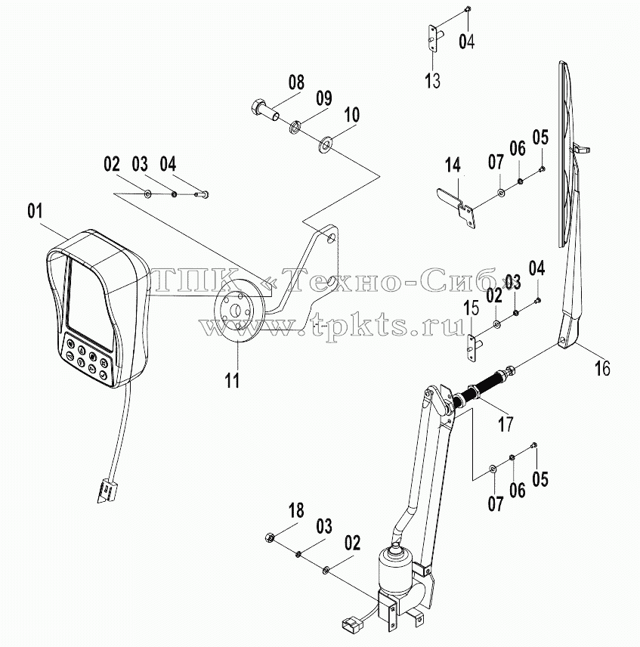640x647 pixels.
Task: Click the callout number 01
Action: [x=35, y=212]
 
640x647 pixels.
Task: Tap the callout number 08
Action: [x=296, y=82]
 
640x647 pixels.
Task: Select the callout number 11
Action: [x=232, y=380]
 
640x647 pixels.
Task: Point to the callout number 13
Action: [x=432, y=80]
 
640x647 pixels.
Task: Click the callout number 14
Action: [x=453, y=165]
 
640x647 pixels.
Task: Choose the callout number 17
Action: [x=506, y=424]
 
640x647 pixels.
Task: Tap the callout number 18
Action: [x=296, y=510]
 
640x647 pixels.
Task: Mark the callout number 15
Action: [x=471, y=308]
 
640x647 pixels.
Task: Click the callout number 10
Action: [x=351, y=115]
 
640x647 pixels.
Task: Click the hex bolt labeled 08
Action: [x=265, y=109]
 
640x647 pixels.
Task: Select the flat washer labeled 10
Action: [x=326, y=144]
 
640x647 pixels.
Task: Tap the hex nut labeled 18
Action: [x=269, y=537]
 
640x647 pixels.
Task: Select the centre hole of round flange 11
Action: [x=236, y=310]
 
